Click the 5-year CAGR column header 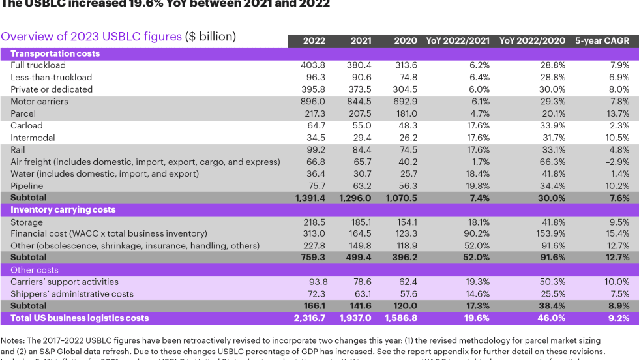[602, 41]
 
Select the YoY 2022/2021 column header [458, 41]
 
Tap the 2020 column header [406, 41]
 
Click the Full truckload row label [38, 65]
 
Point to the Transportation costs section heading [55, 53]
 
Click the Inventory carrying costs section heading [63, 209]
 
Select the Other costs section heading [34, 270]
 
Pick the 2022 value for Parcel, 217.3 [313, 113]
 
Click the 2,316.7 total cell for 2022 [308, 318]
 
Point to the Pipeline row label [27, 186]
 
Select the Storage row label [27, 222]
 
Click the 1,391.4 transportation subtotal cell [308, 197]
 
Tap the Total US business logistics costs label [80, 318]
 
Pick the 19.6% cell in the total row [477, 318]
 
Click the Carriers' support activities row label [65, 282]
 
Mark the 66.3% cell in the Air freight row [552, 162]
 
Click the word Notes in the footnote [12, 340]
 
